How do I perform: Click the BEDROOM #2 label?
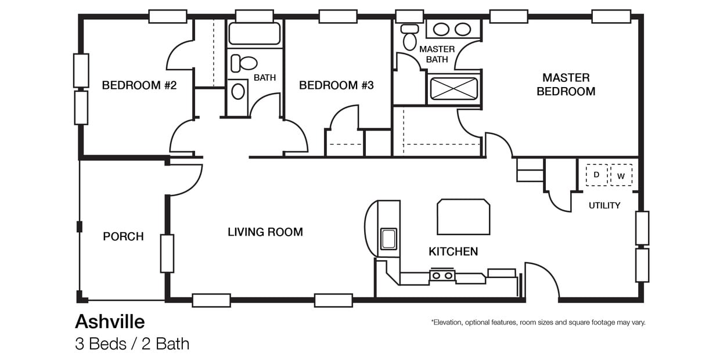(x=139, y=85)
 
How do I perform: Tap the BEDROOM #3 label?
(x=336, y=85)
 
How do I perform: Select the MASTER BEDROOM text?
(x=566, y=84)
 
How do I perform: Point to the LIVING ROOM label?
(x=265, y=232)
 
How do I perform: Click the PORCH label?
(x=123, y=236)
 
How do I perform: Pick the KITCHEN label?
(x=453, y=251)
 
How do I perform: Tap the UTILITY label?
(x=604, y=206)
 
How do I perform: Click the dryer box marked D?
(x=596, y=175)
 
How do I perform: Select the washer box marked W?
(x=621, y=175)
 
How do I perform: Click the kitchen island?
(x=463, y=217)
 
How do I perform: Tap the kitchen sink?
(x=388, y=239)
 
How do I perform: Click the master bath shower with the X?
(x=453, y=89)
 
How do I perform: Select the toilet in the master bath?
(x=410, y=37)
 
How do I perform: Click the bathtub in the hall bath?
(x=254, y=34)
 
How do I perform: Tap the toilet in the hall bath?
(x=244, y=63)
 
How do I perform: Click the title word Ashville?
(x=110, y=321)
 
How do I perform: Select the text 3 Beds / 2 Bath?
(x=132, y=344)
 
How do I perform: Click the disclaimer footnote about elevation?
(x=538, y=322)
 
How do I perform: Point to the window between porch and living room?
(x=167, y=253)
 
